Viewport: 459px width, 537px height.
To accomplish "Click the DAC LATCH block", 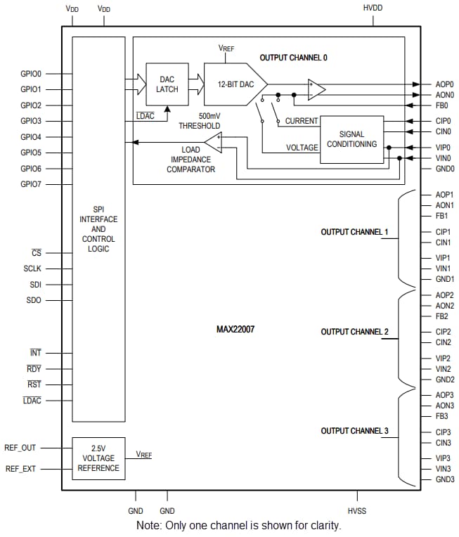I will [167, 84].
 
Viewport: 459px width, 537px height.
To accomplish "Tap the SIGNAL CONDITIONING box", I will [351, 139].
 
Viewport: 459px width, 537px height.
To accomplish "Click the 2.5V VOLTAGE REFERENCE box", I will [98, 458].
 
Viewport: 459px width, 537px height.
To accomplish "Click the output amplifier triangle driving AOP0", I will [316, 89].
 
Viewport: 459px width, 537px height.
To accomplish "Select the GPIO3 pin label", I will [31, 121].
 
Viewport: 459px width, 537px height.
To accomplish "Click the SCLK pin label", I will [32, 268].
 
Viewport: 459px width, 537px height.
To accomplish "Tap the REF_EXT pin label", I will [21, 468].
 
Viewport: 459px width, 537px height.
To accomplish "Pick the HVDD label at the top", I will [373, 8].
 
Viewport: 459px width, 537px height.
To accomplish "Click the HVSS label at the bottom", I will [357, 511].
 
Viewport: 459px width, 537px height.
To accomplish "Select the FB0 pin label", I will [442, 105].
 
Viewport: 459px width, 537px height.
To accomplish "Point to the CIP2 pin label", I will [443, 332].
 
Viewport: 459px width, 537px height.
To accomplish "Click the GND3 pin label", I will [444, 479].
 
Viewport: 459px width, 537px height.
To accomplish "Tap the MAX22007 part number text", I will [235, 328].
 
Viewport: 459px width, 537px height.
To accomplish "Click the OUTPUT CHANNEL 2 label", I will [354, 332].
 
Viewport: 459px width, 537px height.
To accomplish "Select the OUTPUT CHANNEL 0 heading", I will [293, 58].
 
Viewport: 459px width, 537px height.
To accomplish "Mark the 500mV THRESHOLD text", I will [200, 121].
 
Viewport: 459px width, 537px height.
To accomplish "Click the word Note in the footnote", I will [150, 526].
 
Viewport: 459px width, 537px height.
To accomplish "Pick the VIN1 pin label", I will [443, 268].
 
